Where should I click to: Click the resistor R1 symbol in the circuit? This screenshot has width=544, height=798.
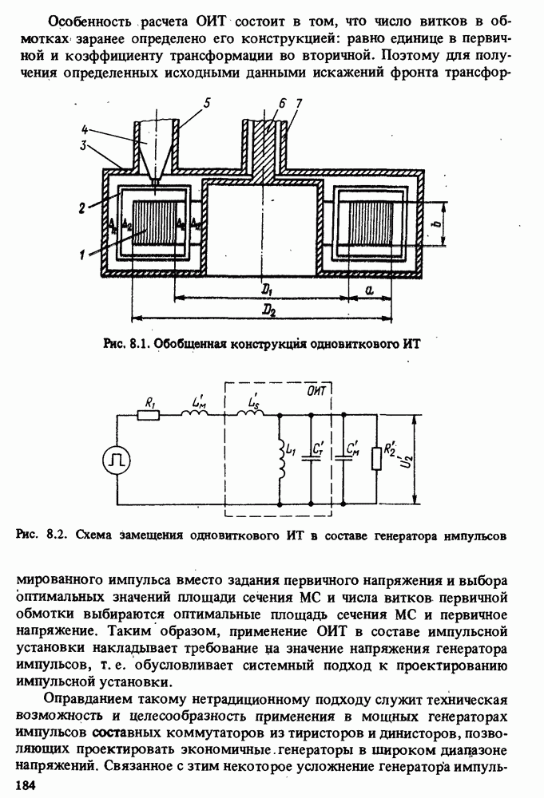(149, 415)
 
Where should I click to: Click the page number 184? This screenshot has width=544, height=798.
(38, 787)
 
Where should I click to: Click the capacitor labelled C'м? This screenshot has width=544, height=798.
(344, 460)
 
